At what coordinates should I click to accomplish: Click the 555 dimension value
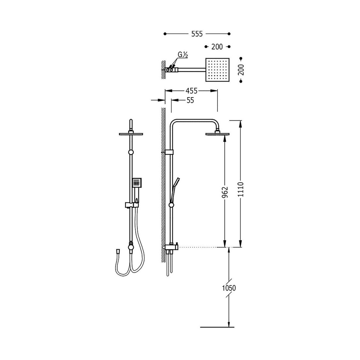coord(197,34)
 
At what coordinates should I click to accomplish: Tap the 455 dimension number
coord(191,91)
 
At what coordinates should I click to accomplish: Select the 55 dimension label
coord(190,100)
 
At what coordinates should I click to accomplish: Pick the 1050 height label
coord(229,288)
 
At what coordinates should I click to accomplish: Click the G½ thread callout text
coord(182,55)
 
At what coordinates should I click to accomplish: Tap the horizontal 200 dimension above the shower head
coord(217,47)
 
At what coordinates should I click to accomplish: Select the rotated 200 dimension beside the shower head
coord(241,70)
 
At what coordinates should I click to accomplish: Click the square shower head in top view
coord(217,70)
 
